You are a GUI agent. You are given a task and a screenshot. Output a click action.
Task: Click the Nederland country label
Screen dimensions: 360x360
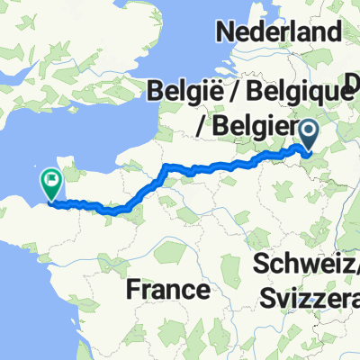tap(279, 32)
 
